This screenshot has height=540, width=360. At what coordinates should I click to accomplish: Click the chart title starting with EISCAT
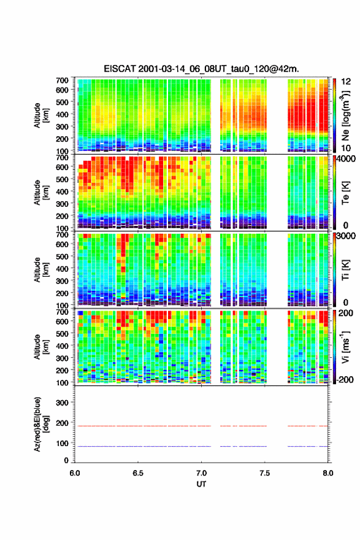[x=201, y=69]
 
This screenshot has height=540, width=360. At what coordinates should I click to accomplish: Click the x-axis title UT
[x=201, y=484]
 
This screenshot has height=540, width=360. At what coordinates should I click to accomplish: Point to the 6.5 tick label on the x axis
[x=138, y=473]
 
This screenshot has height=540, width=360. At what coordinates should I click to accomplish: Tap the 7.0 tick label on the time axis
[x=201, y=473]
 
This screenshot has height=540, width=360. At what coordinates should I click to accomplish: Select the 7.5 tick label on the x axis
[x=265, y=473]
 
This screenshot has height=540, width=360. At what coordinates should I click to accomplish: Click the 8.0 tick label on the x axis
[x=328, y=473]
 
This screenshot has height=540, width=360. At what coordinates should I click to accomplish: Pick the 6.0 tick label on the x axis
[x=75, y=473]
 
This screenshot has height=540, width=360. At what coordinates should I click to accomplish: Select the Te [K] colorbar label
[x=345, y=193]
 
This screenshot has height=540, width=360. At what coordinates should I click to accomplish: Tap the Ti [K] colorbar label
[x=345, y=270]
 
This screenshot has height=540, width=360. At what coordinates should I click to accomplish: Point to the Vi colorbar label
[x=345, y=347]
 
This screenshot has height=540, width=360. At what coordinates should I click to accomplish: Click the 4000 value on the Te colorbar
[x=345, y=159]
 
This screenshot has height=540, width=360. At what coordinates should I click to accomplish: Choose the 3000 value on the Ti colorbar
[x=345, y=236]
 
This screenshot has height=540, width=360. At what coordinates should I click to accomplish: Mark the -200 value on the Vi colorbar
[x=344, y=379]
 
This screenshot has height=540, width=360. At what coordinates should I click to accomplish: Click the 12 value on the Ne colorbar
[x=346, y=82]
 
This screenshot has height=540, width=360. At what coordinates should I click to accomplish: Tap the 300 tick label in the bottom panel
[x=62, y=403]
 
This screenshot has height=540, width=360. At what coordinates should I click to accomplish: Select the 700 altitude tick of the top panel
[x=62, y=80]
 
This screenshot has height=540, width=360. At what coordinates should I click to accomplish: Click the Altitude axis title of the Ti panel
[x=40, y=269]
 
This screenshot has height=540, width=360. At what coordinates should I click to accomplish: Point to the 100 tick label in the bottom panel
[x=62, y=443]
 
